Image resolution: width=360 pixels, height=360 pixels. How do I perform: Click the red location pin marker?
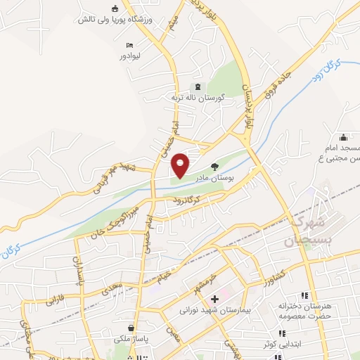181,165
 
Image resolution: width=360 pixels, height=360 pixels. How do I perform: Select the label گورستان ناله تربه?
198,97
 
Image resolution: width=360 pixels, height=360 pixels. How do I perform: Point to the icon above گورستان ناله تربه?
198,86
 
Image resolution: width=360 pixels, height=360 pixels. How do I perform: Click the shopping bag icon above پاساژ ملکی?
131,327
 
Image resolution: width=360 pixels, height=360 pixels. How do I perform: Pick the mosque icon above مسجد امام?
342,137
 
